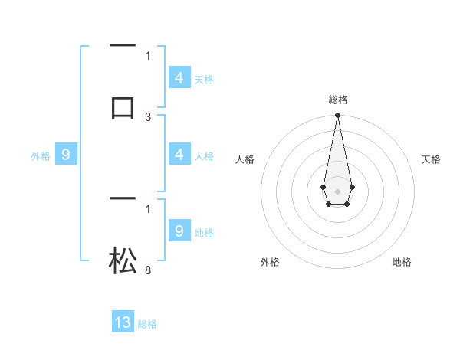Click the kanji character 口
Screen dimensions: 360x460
coord(123,106)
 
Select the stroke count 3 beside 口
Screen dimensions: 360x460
coord(148,117)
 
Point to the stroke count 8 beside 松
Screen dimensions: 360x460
coord(148,270)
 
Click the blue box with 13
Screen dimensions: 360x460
coord(123,322)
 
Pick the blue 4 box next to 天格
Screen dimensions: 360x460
coord(179,78)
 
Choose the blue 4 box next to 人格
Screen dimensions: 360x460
coord(179,155)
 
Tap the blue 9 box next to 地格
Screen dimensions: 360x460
coord(179,231)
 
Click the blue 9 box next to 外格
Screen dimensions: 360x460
coord(66,155)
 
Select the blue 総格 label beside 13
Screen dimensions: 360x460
coord(147,324)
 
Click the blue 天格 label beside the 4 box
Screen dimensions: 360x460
coord(204,80)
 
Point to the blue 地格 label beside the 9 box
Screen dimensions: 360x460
coord(204,233)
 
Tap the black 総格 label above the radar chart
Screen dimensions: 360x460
coord(337,100)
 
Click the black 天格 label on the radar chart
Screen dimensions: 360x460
coord(431,159)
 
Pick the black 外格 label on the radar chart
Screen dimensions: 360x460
coord(270,262)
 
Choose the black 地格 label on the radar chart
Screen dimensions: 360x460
coord(402,262)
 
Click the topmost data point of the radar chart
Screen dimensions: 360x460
coord(337,116)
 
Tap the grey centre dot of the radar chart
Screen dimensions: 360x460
coord(337,190)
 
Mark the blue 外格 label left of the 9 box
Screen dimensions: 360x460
coord(41,156)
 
